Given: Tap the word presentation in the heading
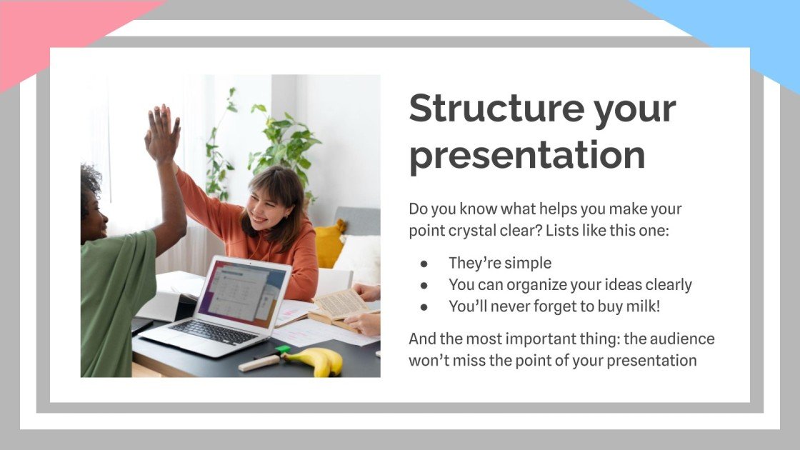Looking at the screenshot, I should tap(526, 155).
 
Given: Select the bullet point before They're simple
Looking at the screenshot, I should tap(424, 263).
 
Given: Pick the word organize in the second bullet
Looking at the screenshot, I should tap(535, 284).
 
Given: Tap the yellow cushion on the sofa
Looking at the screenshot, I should tap(329, 243).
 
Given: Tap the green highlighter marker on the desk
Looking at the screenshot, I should tap(282, 350).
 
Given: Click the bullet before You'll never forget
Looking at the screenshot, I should tap(424, 306).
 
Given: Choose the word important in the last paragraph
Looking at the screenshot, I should tap(529, 339).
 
